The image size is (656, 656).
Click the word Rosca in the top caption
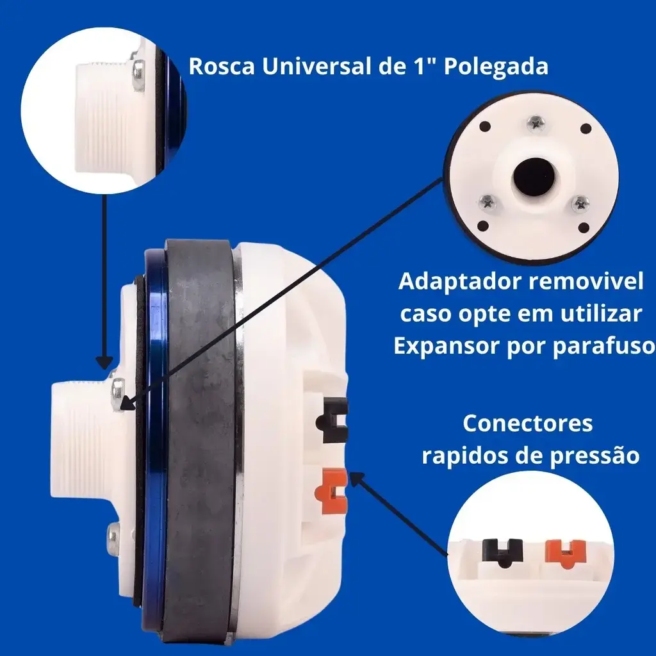tap(221, 66)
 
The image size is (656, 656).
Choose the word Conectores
tap(528, 423)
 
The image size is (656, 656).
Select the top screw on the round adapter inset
tap(536, 122)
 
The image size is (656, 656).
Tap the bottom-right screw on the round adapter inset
tap(581, 203)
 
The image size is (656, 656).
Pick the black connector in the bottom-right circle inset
tap(502, 552)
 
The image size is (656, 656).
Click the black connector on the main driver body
tap(333, 420)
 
